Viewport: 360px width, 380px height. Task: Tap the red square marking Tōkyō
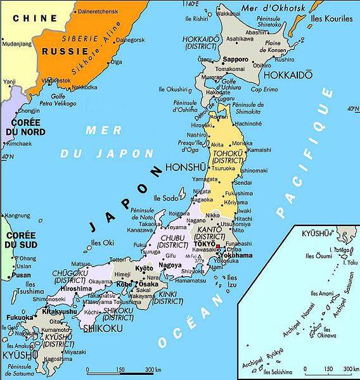click(x=217, y=246)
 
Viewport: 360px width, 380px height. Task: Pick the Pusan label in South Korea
click(x=21, y=275)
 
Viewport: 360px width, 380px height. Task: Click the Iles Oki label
click(x=103, y=241)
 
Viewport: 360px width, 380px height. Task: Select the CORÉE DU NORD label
click(x=19, y=127)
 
